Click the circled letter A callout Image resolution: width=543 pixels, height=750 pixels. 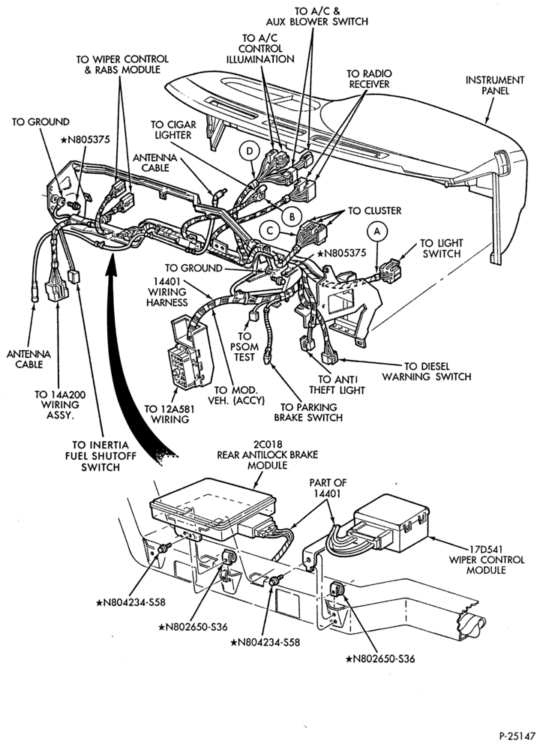(377, 232)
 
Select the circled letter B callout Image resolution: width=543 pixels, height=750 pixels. (291, 217)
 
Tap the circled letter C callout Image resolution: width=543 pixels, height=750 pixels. (270, 232)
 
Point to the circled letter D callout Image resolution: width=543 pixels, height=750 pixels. (249, 151)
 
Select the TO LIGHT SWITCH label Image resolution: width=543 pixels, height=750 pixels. (442, 248)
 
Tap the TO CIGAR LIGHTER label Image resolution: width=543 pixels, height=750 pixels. (173, 130)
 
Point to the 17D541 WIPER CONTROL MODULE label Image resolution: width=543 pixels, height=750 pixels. (486, 559)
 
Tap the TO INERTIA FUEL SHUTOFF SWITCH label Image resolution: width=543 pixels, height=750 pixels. (100, 456)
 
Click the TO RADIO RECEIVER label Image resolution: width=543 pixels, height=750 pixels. (369, 79)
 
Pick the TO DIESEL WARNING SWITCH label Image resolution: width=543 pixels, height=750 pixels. (427, 372)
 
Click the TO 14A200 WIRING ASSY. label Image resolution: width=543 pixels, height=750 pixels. (56, 405)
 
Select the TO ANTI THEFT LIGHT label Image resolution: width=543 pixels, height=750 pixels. (337, 385)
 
